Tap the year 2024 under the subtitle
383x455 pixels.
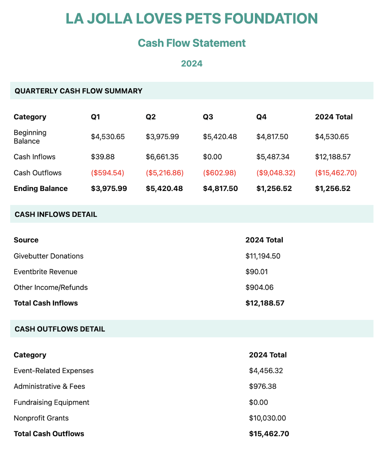point(191,64)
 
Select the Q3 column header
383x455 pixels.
point(208,117)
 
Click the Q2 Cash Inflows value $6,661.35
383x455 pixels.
point(162,157)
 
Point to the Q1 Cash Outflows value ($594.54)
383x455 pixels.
point(107,173)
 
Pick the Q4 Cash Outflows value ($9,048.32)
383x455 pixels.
point(276,173)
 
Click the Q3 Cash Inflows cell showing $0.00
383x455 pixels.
point(212,157)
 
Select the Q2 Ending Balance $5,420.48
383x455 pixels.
point(164,188)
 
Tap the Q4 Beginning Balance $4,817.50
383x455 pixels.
point(272,137)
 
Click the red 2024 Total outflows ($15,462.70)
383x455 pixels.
point(336,173)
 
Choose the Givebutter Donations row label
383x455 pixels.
point(48,256)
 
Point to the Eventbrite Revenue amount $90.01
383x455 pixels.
point(256,272)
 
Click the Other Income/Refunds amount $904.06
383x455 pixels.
point(259,287)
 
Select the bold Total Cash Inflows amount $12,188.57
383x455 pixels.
point(265,303)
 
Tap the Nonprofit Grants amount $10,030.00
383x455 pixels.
point(267,418)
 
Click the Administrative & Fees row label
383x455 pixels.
point(49,386)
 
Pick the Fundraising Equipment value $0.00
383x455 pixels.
point(258,402)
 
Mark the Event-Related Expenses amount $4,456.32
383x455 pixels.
point(266,371)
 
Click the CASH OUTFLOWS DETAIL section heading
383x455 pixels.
point(60,329)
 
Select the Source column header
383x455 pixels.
point(26,240)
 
